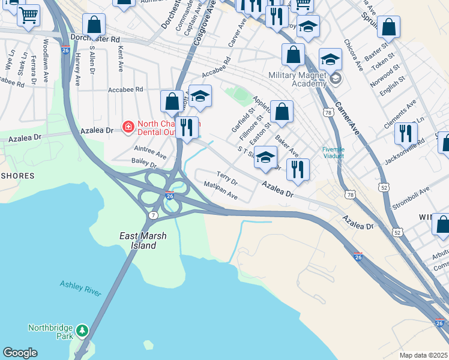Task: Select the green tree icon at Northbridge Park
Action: click(82, 329)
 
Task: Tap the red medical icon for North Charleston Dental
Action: click(128, 127)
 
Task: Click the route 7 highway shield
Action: click(154, 215)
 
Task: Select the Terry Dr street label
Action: click(227, 179)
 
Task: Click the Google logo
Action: click(20, 353)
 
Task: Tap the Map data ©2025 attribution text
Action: click(423, 355)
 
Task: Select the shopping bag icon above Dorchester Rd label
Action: click(94, 25)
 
